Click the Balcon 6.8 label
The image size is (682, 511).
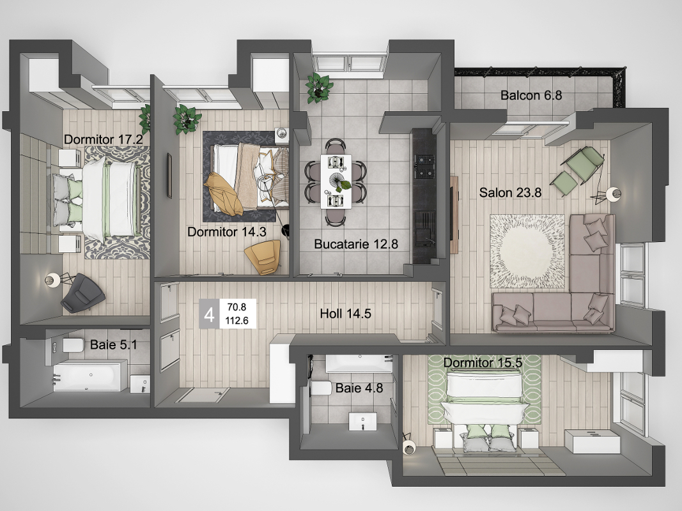pos(531,95)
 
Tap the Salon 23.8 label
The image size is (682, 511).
pos(510,192)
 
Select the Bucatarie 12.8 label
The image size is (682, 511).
pos(356,244)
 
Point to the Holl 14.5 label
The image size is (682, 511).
pos(345,314)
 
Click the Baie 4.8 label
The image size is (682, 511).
pos(359,388)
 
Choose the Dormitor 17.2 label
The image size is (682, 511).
pos(103,139)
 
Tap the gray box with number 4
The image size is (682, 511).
pos(209,314)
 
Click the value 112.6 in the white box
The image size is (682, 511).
pos(237,321)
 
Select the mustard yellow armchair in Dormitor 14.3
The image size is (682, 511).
pos(263,257)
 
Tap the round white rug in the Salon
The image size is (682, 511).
pos(527,251)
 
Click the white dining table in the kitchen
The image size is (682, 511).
pos(336,181)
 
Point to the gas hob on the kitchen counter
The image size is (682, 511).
pos(424,167)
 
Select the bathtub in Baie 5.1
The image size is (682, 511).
pos(90,376)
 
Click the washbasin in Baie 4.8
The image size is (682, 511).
pos(363,422)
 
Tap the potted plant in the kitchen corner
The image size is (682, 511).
pos(319,88)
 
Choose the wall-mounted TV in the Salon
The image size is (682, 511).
pos(454,214)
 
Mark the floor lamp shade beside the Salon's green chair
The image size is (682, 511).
pos(613,194)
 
